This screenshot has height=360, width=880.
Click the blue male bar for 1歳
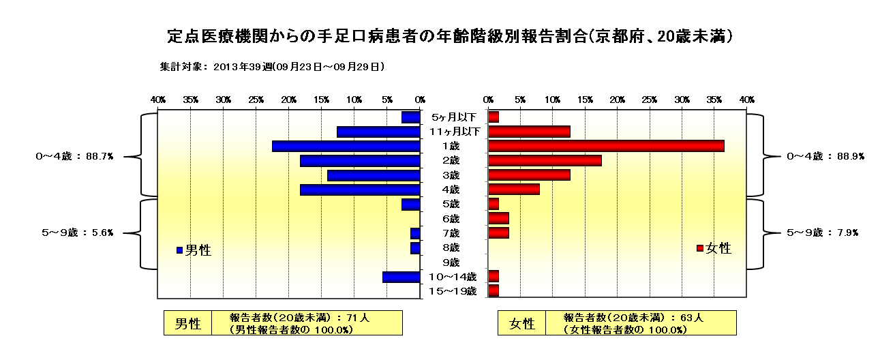[x=346, y=147]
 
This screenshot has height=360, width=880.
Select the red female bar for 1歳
[x=606, y=147]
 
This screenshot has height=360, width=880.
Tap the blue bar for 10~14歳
[x=401, y=277]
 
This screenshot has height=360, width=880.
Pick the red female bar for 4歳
[x=514, y=190]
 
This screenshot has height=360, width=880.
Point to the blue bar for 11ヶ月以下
[x=378, y=132]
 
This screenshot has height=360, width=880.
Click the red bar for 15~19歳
[x=494, y=291]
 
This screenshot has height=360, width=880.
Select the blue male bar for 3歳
[x=374, y=176]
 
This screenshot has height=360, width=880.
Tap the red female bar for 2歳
[x=545, y=161]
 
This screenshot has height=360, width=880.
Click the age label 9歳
[x=451, y=262]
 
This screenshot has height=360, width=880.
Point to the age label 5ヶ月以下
[x=454, y=117]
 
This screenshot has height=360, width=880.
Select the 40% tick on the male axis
[x=157, y=100]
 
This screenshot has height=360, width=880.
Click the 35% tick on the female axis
[x=714, y=100]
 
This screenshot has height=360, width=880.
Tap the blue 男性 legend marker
[x=179, y=250]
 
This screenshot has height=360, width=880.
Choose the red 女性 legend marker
[x=699, y=248]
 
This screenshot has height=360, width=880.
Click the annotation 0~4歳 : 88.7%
[x=75, y=156]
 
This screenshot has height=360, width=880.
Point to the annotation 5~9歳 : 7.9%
[x=822, y=232]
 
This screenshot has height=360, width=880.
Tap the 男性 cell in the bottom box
[x=187, y=324]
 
